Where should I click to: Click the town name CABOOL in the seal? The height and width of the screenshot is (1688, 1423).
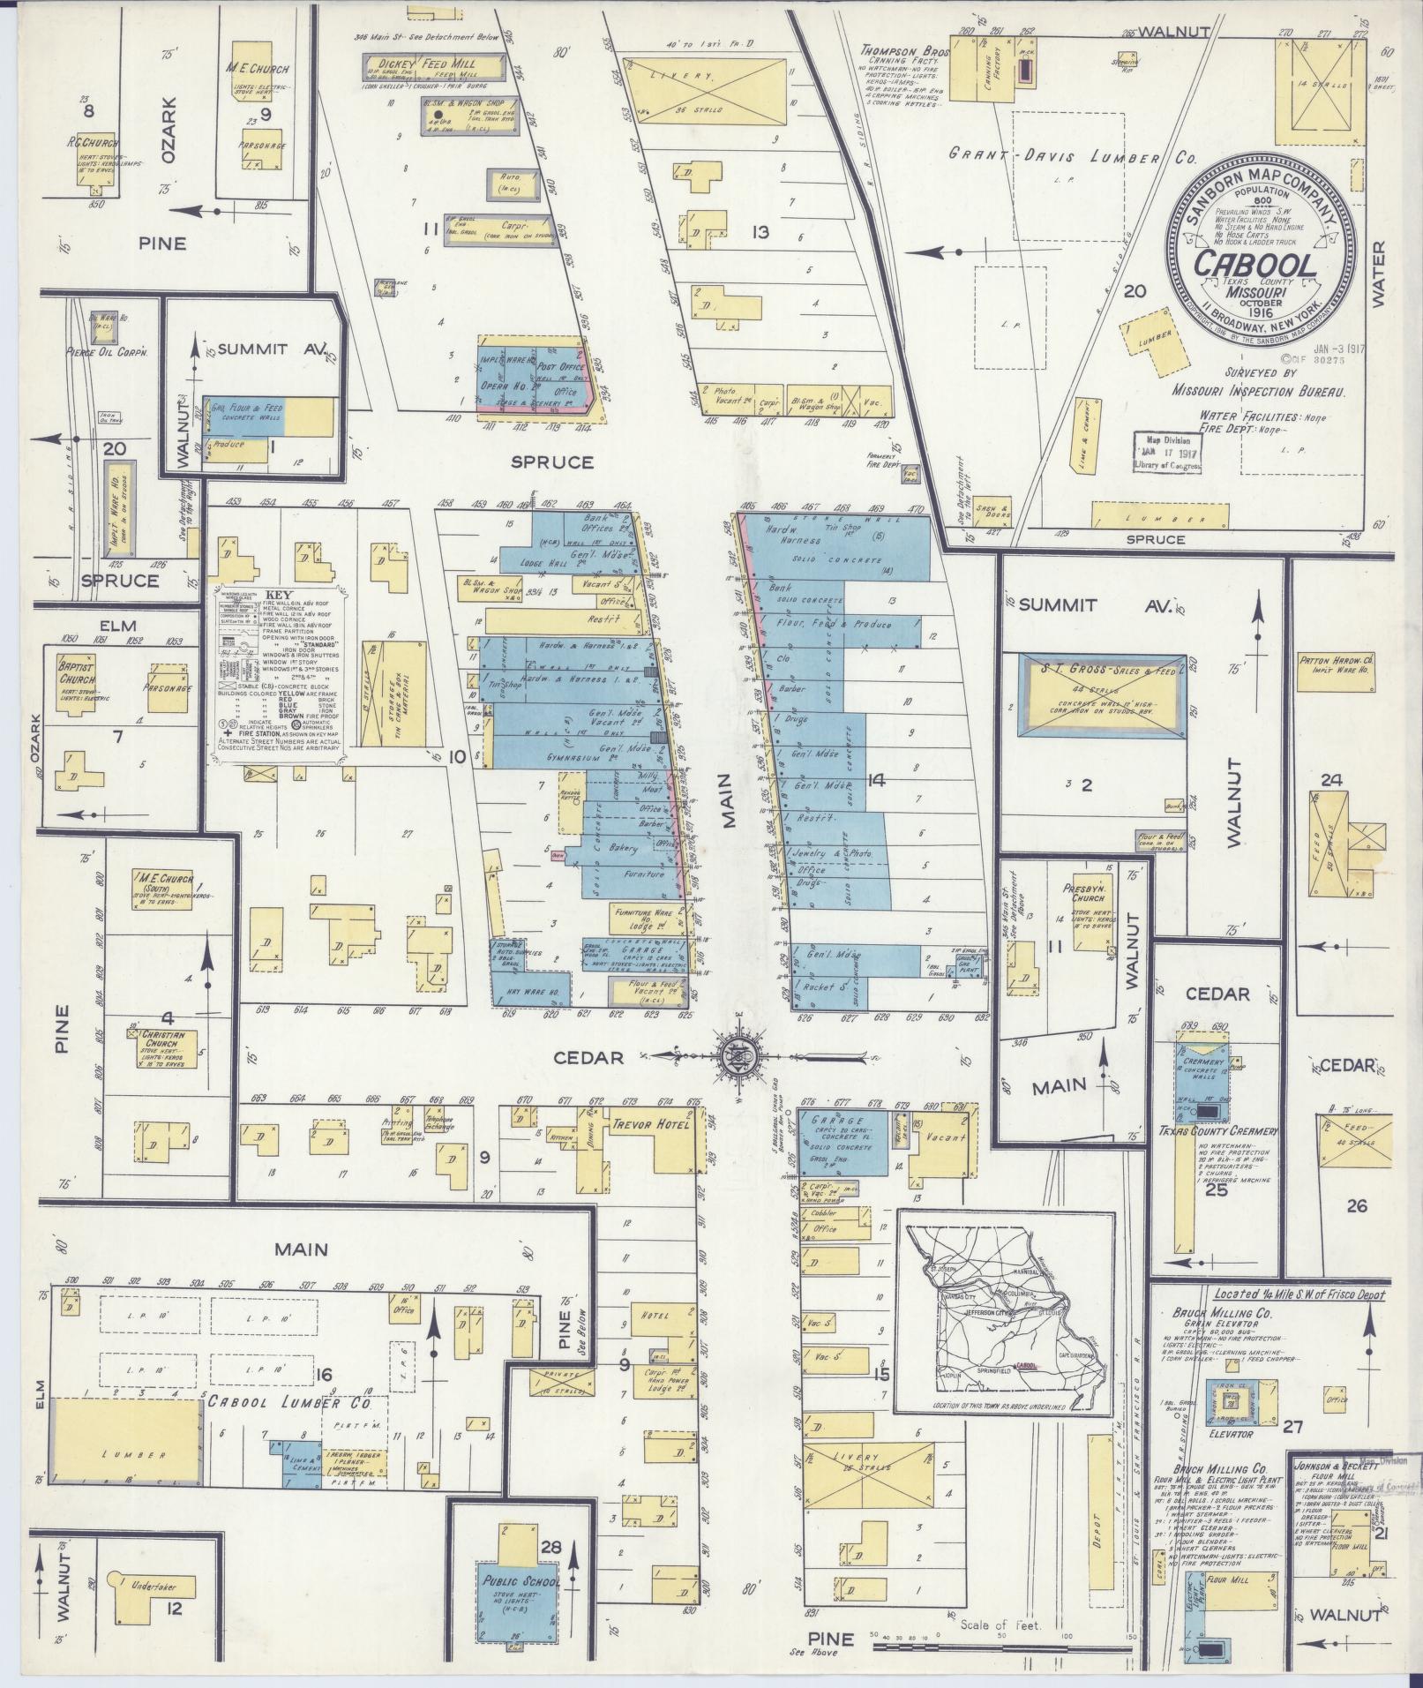pos(1255,264)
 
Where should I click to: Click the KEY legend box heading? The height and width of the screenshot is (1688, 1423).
pos(279,596)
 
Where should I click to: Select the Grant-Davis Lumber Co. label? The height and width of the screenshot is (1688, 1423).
pos(1071,156)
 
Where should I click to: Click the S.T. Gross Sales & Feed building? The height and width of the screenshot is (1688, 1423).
pos(1101,697)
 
